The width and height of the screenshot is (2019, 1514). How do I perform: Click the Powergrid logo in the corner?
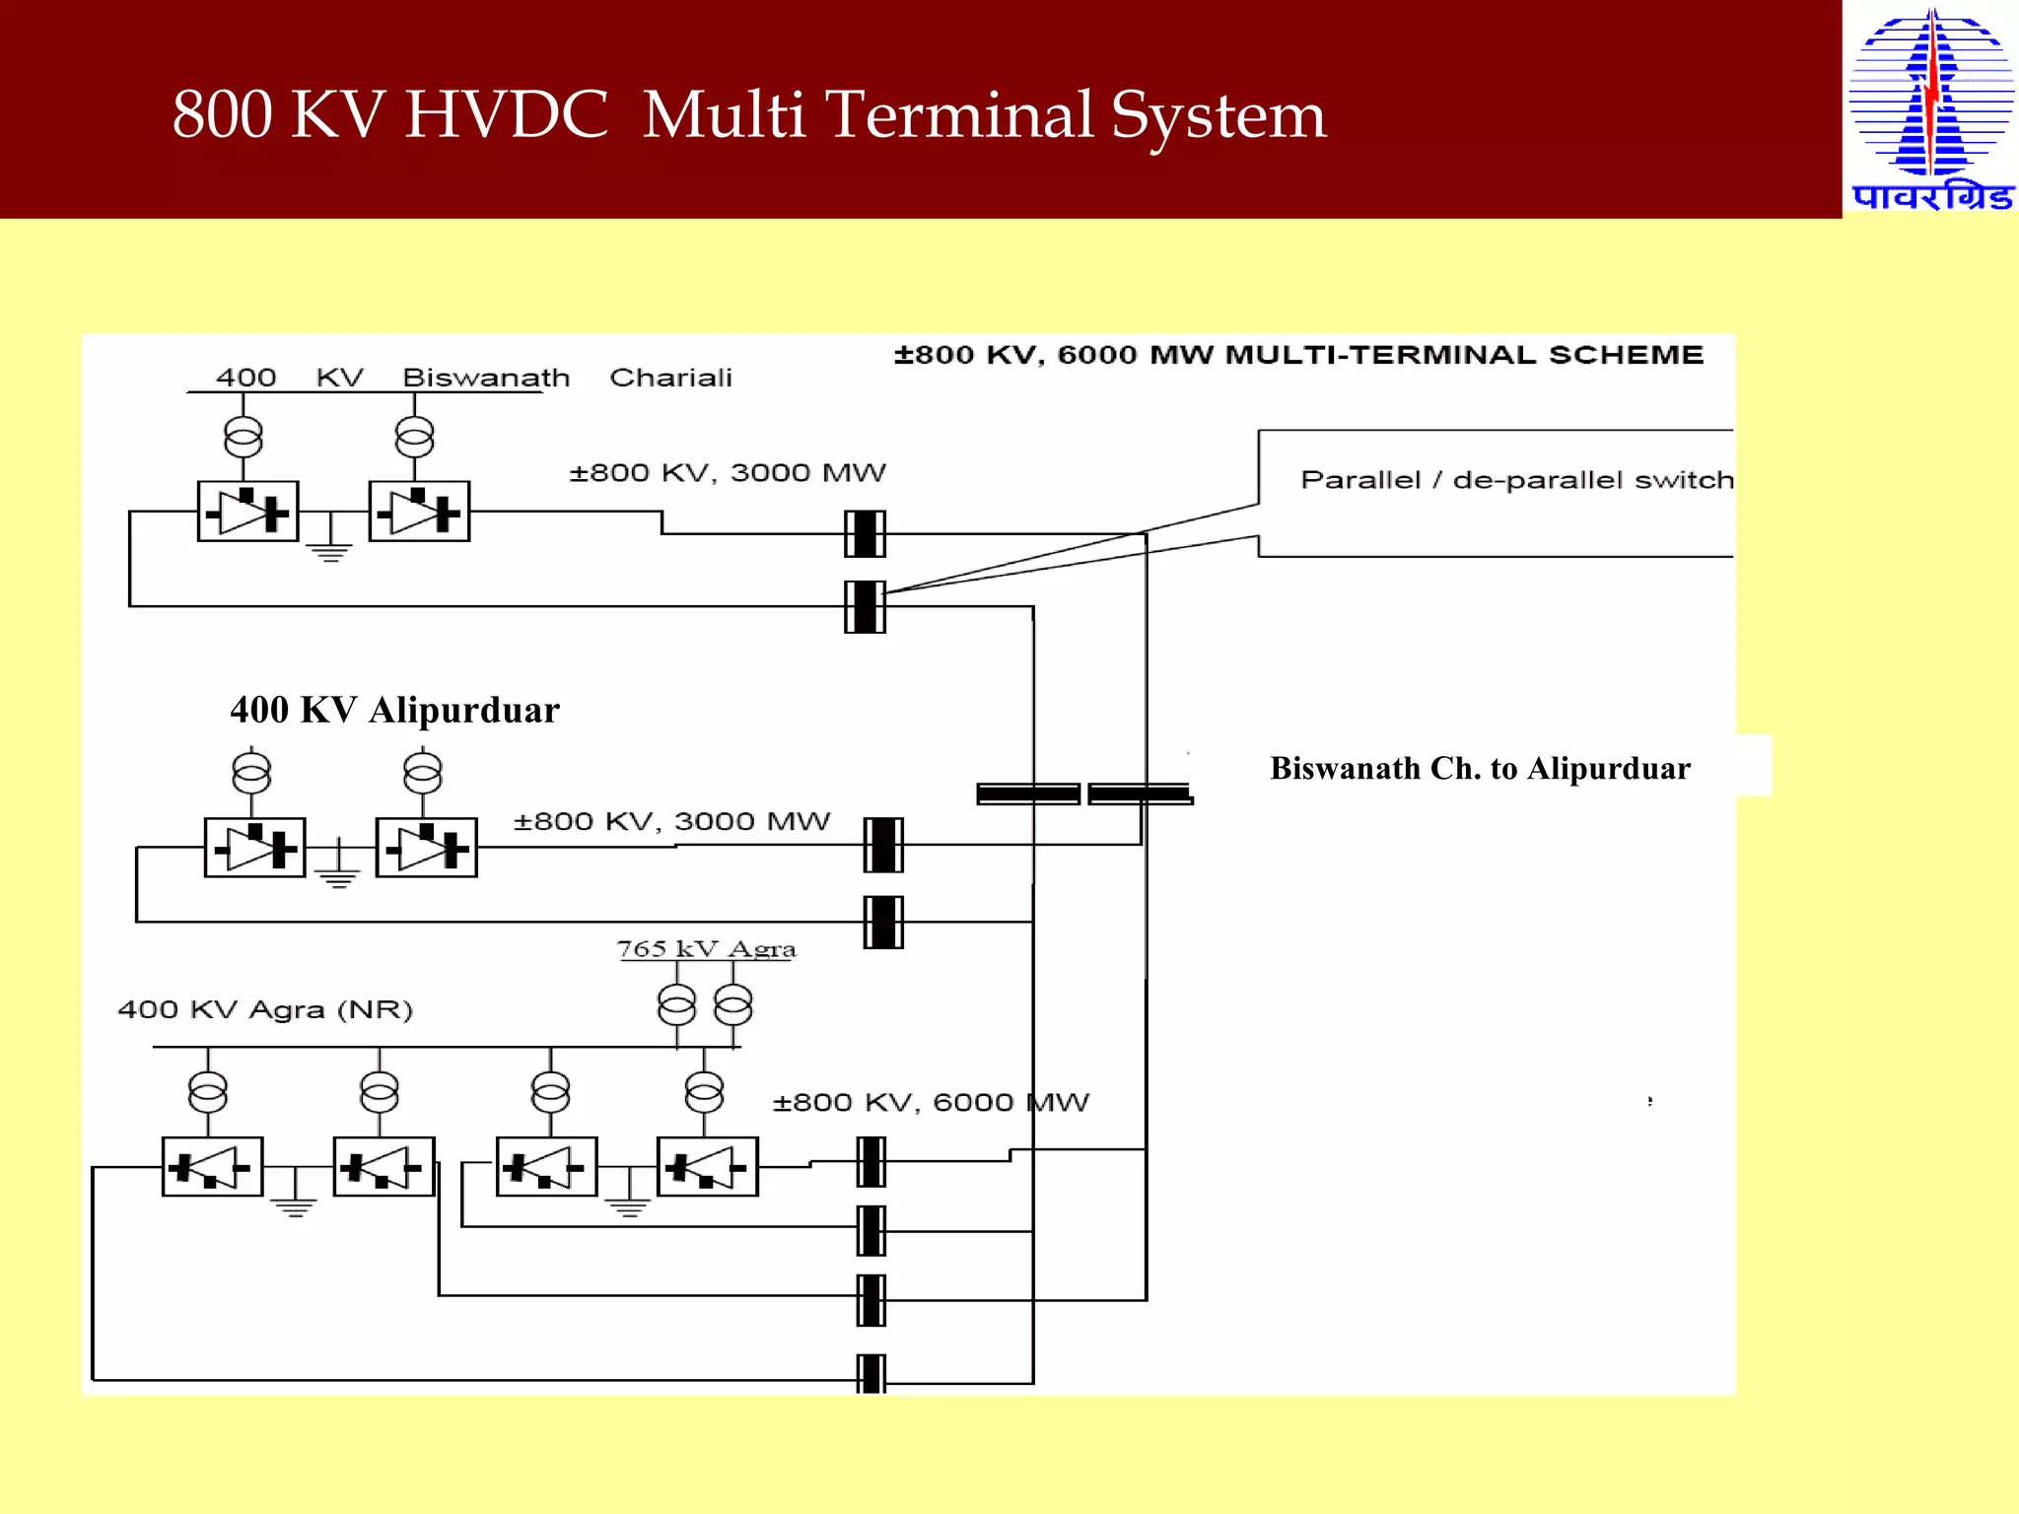1930,108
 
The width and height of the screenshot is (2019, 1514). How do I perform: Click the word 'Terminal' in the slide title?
958,114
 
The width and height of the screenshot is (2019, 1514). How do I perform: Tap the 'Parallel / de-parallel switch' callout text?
1516,480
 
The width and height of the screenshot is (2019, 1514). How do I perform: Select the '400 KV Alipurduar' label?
394,710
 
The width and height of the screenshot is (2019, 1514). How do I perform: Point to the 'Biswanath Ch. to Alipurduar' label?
1480,768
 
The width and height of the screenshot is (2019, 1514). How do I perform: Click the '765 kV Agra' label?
706,948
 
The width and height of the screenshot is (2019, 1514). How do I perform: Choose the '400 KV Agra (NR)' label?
265,1009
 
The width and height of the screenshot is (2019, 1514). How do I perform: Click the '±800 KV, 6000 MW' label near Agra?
931,1102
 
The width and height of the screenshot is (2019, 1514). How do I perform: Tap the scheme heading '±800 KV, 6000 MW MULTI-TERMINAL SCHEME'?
1298,355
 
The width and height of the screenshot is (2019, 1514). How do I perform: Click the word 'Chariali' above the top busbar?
670,378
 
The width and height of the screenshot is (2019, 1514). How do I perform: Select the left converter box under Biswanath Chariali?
247,512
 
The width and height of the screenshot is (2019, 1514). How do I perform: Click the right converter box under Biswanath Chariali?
419,512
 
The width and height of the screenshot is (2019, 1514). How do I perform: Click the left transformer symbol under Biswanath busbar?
244,437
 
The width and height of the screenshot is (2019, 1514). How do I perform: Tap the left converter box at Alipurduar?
254,848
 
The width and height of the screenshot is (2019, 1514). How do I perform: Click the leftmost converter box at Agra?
212,1167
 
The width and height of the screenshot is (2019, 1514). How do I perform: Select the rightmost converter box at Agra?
707,1167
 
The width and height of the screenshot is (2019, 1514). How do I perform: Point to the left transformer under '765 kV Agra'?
676,1006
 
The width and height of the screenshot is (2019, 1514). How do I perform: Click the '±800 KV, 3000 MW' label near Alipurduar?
671,821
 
